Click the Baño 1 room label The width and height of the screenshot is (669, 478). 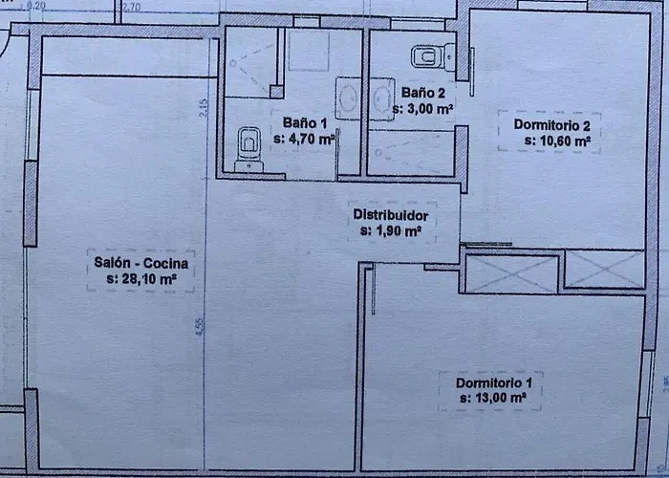pos(306,122)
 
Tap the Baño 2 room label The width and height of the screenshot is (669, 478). pos(423,94)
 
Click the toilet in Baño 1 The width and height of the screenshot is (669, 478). pos(248,146)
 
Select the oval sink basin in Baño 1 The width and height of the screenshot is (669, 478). pos(347,98)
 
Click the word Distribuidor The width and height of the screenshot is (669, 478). pos(390,215)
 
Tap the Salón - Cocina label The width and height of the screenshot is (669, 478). pos(141,264)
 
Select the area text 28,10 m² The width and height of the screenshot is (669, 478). pos(141,279)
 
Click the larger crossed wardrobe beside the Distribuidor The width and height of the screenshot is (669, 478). pos(509,273)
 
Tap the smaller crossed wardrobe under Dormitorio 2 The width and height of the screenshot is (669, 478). pos(604,269)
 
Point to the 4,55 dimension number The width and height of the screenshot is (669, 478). pos(200,325)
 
